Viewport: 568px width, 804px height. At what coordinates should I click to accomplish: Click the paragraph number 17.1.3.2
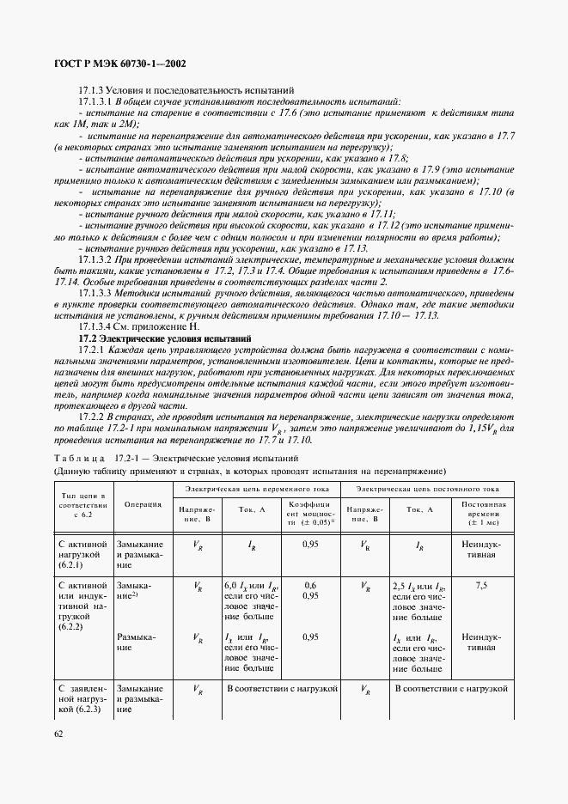click(95, 259)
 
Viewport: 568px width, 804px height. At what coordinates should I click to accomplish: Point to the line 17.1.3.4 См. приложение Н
click(127, 328)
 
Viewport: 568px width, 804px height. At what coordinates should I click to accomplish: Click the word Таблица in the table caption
click(79, 459)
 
